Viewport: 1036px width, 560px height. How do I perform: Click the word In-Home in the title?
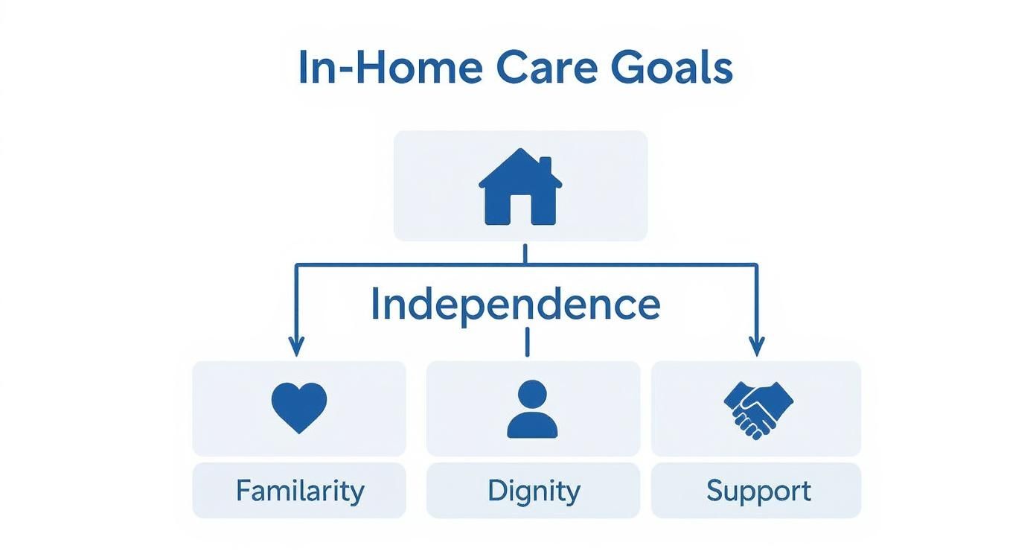391,66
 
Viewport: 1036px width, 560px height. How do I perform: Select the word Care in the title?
547,68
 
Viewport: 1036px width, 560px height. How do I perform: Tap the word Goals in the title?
672,66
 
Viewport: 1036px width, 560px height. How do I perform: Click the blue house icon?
520,187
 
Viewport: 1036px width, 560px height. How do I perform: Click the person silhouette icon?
532,409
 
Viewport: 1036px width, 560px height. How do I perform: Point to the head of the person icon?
532,395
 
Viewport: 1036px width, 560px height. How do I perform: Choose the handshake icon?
758,410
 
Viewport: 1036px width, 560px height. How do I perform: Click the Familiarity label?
300,491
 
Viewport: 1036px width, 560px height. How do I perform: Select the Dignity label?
534,491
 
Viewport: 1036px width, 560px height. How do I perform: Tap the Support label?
758,491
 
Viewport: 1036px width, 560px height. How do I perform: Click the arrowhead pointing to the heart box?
296,346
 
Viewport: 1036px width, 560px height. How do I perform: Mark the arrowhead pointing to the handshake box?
757,346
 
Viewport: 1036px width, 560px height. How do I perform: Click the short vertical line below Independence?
527,342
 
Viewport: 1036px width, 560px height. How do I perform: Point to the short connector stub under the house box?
525,254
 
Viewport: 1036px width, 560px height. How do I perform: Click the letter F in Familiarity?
243,490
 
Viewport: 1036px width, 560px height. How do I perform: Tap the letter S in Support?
714,490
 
